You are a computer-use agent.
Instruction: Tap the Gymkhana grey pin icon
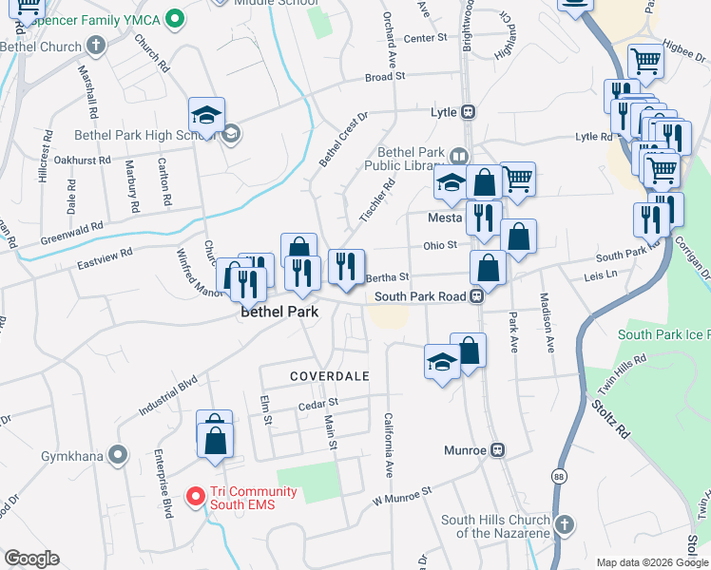118,456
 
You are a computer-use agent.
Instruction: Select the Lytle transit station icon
469,112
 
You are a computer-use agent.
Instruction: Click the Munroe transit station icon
497,449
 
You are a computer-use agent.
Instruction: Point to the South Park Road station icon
479,296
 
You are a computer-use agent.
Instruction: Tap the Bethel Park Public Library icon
460,157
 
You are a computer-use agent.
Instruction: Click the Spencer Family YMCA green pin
174,18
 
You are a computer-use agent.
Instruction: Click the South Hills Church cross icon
564,524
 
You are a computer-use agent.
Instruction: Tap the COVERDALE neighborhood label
329,376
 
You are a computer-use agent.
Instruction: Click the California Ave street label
388,445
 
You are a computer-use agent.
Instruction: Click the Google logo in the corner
31,558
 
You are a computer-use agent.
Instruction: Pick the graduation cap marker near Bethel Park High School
206,116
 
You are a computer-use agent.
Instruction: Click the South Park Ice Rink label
662,334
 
